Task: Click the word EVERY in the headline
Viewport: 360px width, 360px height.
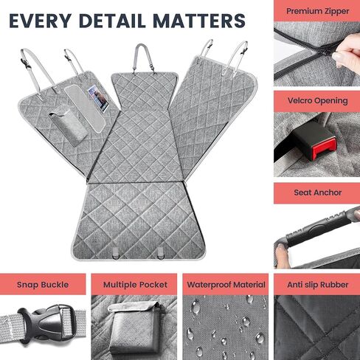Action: [x=40, y=21]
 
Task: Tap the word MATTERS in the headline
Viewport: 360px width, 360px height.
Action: [x=199, y=21]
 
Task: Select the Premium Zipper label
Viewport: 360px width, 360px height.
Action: [x=318, y=11]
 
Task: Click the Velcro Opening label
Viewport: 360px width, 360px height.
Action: [x=318, y=100]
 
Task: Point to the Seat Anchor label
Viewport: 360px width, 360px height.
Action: [x=318, y=193]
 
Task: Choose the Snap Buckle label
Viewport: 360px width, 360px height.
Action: [x=43, y=285]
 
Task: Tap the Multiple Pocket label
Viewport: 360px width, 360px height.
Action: [x=135, y=285]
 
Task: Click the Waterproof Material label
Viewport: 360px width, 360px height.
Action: [x=226, y=285]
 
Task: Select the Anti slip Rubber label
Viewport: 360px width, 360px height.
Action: [x=318, y=285]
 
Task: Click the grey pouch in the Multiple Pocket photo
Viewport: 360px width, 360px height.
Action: [x=135, y=324]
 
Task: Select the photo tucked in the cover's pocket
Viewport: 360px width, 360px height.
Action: [x=98, y=98]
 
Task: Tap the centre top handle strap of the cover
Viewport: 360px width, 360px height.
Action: [x=142, y=58]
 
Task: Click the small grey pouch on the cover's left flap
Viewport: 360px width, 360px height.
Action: [x=68, y=126]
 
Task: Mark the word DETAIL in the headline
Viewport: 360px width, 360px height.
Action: [x=112, y=21]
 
